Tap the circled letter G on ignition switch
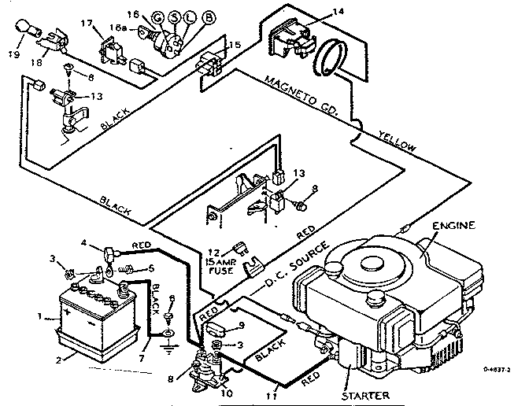tap(157, 17)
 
